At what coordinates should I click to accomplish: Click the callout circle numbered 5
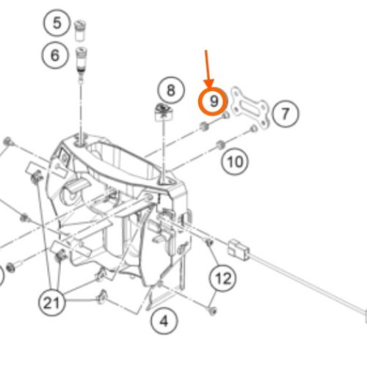tap(57, 23)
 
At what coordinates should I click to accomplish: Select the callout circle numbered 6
tap(54, 55)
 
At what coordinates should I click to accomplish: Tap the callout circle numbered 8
tap(171, 90)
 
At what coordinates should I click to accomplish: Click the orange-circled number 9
tap(213, 101)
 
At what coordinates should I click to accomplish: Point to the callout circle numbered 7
tap(286, 114)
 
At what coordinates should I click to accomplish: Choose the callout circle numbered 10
tap(235, 161)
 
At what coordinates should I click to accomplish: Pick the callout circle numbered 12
tap(223, 278)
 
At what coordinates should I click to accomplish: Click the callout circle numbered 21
tap(52, 302)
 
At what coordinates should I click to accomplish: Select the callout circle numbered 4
tap(164, 321)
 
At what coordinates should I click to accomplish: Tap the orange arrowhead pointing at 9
tap(209, 83)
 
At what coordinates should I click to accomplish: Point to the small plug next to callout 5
tap(80, 30)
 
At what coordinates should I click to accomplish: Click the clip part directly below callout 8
tap(163, 112)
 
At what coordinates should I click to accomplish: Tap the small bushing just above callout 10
tap(221, 145)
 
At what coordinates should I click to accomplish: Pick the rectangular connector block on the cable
tap(239, 250)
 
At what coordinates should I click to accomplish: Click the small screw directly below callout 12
tap(212, 311)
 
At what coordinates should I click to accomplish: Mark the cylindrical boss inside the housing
tap(70, 192)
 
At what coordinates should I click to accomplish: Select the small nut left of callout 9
tap(203, 126)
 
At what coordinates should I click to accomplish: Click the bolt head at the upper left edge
tap(7, 141)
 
